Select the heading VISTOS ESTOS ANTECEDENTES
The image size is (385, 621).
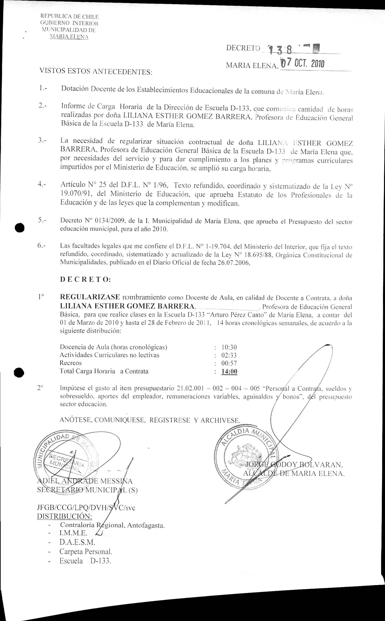pyautogui.click(x=96, y=71)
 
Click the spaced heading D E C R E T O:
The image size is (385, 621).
pyautogui.click(x=85, y=279)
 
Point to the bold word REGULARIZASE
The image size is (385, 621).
pyautogui.click(x=90, y=297)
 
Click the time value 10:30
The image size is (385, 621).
pyautogui.click(x=229, y=347)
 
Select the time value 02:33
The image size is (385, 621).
pyautogui.click(x=229, y=355)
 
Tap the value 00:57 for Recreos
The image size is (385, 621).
pyautogui.click(x=229, y=363)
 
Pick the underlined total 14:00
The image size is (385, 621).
pyautogui.click(x=229, y=371)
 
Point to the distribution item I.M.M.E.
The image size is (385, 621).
pyautogui.click(x=73, y=533)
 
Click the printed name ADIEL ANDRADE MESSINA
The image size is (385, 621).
pyautogui.click(x=85, y=481)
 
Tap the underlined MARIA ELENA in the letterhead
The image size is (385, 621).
pyautogui.click(x=69, y=37)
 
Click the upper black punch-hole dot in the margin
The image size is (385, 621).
pyautogui.click(x=19, y=227)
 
